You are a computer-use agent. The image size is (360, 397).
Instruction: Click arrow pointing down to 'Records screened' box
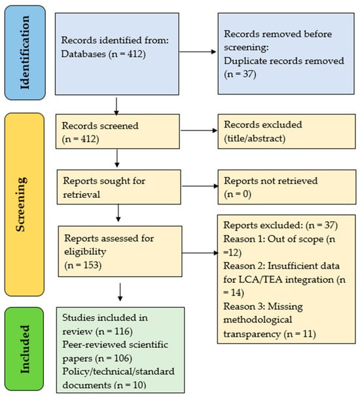click(x=116, y=105)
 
